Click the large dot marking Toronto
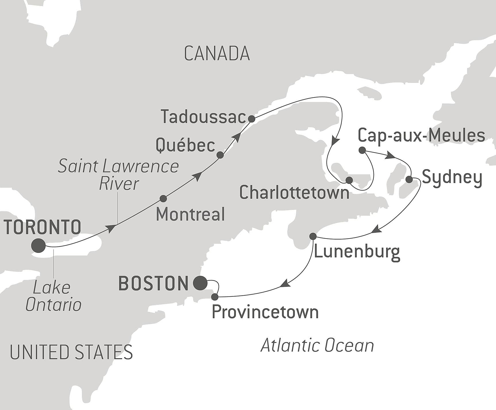click(38, 246)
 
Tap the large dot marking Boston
click(200, 283)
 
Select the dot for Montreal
click(163, 199)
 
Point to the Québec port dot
click(220, 155)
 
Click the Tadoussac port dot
click(251, 119)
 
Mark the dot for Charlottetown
click(349, 180)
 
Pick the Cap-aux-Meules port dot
click(362, 150)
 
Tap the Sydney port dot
click(409, 180)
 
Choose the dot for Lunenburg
click(313, 236)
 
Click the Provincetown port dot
click(215, 297)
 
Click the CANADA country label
click(217, 54)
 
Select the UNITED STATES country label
click(71, 352)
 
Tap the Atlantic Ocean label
click(317, 345)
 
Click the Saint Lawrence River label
click(118, 175)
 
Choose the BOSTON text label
click(153, 283)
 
